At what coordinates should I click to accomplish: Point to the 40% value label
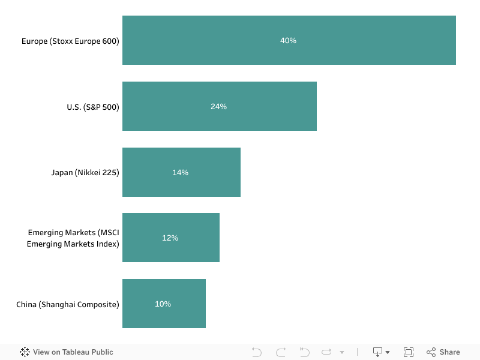(288, 40)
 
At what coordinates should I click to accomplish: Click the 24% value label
(218, 106)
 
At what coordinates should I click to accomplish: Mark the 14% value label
(180, 172)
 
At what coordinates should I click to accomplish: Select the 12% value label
(170, 238)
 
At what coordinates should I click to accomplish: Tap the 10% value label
(163, 304)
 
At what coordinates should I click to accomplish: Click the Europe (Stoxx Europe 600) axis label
(70, 41)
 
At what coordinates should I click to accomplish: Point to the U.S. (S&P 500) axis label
(93, 107)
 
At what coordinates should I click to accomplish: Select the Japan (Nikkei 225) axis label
(85, 173)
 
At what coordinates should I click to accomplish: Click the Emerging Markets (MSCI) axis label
(73, 238)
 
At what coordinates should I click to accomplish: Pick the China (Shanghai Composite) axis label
(68, 304)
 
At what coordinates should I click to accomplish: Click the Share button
(443, 352)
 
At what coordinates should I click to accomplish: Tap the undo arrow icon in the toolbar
(257, 352)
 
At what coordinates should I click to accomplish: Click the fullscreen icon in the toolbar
(409, 352)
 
